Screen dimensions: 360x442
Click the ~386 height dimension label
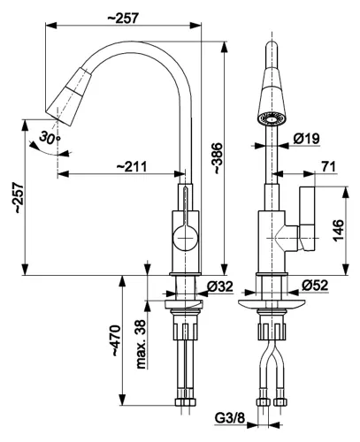218,158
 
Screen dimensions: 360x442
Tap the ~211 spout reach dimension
132,167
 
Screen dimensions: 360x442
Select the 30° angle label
50,137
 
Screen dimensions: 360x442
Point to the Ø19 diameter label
307,139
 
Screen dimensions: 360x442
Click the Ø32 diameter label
220,286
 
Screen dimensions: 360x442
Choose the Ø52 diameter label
315,285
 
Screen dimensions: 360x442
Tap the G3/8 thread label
230,418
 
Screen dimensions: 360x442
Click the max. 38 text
142,344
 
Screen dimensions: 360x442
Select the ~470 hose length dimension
116,340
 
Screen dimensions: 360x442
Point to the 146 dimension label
339,231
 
